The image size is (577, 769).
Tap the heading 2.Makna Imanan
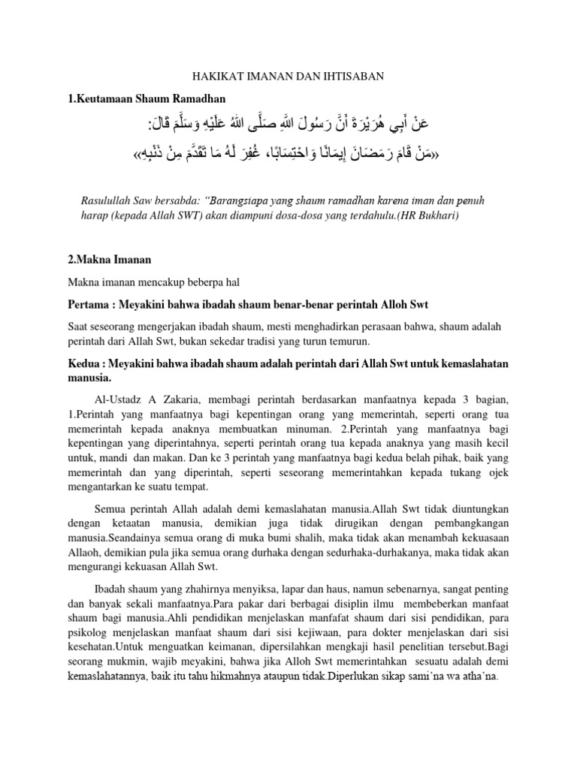[x=110, y=259]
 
